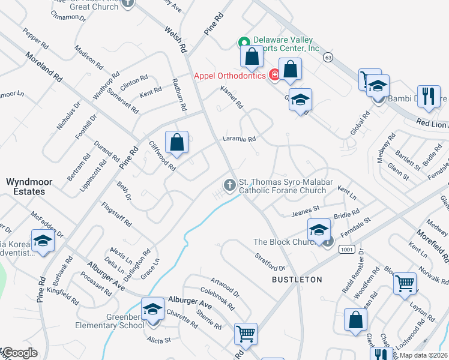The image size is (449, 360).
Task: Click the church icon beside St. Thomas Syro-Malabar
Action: click(229, 186)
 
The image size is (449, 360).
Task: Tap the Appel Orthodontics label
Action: click(229, 76)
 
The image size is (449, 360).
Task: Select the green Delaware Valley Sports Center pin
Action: click(244, 43)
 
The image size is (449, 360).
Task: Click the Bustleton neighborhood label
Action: click(297, 280)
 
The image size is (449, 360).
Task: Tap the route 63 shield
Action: click(327, 57)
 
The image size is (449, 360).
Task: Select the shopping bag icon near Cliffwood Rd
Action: click(176, 143)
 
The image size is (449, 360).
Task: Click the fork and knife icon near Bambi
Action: click(428, 97)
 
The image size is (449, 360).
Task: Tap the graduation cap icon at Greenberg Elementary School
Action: click(153, 310)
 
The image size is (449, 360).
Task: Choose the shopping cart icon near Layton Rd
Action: click(405, 283)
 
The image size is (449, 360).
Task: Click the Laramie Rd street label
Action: click(240, 139)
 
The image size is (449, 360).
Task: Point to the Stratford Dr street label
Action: click(273, 263)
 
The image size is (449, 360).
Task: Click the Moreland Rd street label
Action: click(44, 66)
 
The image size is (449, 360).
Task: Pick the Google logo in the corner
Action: click(19, 353)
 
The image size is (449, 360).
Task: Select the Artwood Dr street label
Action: click(225, 286)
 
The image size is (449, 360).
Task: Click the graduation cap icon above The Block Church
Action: click(319, 229)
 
